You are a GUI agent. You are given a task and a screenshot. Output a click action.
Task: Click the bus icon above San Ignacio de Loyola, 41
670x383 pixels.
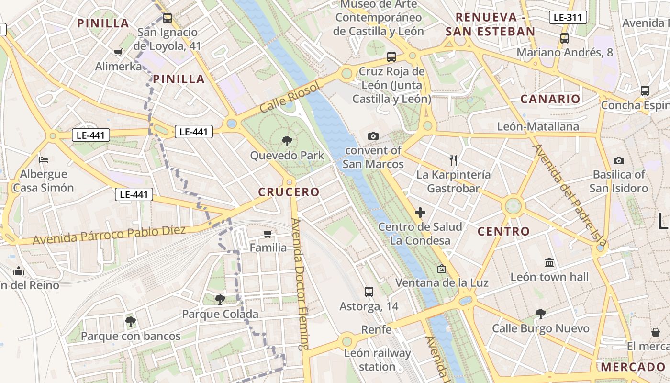(x=167, y=18)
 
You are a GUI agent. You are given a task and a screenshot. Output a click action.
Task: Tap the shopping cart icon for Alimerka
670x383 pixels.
(x=118, y=52)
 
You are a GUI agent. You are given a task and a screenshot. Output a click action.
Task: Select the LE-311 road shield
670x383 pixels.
(x=568, y=18)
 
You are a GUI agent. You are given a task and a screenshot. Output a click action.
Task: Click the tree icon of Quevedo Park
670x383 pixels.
(x=287, y=141)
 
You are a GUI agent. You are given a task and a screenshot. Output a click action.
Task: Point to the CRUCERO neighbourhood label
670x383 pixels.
(x=289, y=192)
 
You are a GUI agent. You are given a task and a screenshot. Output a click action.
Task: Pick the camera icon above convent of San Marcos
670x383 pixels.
(x=373, y=136)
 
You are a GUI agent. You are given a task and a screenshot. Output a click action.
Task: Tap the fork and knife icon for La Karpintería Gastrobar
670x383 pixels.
(x=453, y=160)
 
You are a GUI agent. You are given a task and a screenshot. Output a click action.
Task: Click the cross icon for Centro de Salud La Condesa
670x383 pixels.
(x=420, y=212)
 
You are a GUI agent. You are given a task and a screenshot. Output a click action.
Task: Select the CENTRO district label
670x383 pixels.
(x=504, y=232)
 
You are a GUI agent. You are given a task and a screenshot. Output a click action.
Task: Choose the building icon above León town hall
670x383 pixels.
(x=549, y=263)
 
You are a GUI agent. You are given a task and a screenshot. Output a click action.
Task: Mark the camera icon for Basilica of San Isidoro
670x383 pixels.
(x=618, y=160)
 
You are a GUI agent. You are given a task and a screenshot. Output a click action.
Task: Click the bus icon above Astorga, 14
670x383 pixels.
(x=368, y=292)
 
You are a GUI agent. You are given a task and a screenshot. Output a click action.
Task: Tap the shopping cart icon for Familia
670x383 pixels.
(x=268, y=234)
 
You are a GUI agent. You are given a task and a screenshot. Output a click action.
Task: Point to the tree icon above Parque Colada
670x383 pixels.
(x=220, y=300)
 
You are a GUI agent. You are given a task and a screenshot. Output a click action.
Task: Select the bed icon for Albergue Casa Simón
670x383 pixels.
(x=44, y=159)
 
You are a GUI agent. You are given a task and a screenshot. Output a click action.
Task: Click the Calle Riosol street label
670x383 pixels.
(x=289, y=98)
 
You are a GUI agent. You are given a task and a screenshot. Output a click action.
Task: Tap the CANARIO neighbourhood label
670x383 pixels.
(x=550, y=99)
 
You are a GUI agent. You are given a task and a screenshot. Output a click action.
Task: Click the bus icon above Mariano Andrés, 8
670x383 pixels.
(x=565, y=38)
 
